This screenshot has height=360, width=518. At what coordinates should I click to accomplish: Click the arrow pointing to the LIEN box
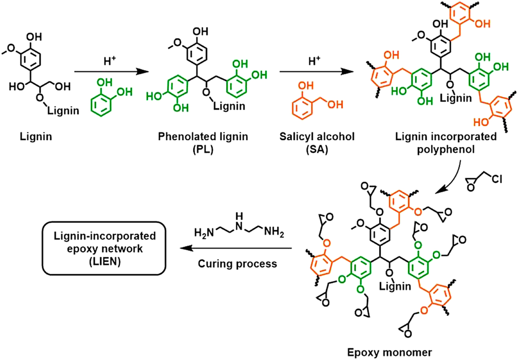point(235,248)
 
